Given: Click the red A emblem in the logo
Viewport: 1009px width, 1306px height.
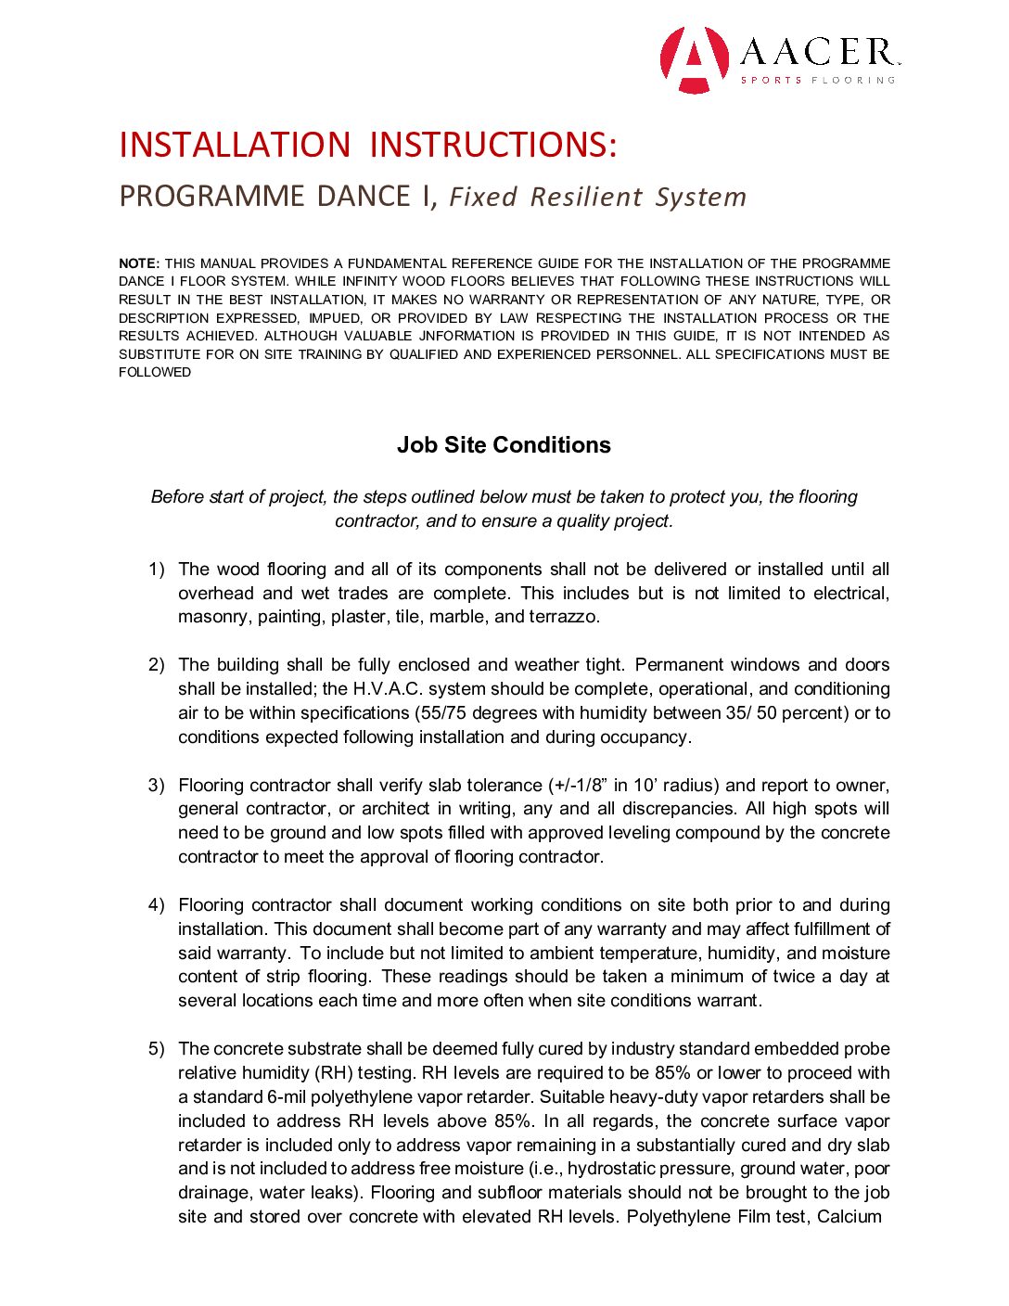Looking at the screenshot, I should click(694, 59).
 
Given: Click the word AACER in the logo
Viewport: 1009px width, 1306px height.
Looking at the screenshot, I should click(817, 52).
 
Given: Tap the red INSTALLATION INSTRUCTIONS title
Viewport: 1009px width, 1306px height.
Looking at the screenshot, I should click(368, 146).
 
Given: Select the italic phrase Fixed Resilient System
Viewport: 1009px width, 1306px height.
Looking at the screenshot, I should click(597, 198).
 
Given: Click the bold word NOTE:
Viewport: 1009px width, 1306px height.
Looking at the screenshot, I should click(139, 263).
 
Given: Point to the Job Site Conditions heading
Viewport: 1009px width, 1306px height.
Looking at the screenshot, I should click(504, 445).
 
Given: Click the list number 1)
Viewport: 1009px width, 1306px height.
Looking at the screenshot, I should click(157, 570).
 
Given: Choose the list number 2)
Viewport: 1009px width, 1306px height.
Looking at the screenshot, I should click(157, 665).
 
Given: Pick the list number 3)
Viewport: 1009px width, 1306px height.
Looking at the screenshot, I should click(157, 786).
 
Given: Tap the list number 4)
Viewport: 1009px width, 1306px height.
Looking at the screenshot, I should click(157, 905).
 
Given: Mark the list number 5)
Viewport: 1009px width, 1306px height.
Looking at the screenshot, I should click(157, 1049).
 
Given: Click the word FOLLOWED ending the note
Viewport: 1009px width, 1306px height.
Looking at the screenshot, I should click(155, 373).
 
